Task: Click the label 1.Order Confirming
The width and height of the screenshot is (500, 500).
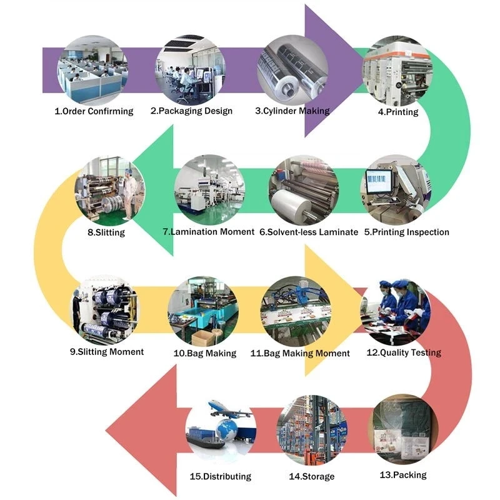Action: click(x=94, y=111)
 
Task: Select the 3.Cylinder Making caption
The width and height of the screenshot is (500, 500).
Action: click(x=292, y=111)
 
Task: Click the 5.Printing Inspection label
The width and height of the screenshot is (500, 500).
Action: click(x=406, y=232)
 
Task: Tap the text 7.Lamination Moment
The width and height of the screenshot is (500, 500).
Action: click(x=208, y=231)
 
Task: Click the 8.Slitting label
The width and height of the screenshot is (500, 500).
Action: click(x=106, y=232)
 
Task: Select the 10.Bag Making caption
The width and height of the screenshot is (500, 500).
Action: click(x=204, y=353)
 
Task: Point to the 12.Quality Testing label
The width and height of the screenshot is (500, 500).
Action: click(x=403, y=352)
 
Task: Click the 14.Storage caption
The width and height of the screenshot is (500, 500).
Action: click(x=311, y=476)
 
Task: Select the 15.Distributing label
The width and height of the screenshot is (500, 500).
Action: click(x=220, y=476)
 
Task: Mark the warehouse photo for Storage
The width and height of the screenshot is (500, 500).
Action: click(x=311, y=431)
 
